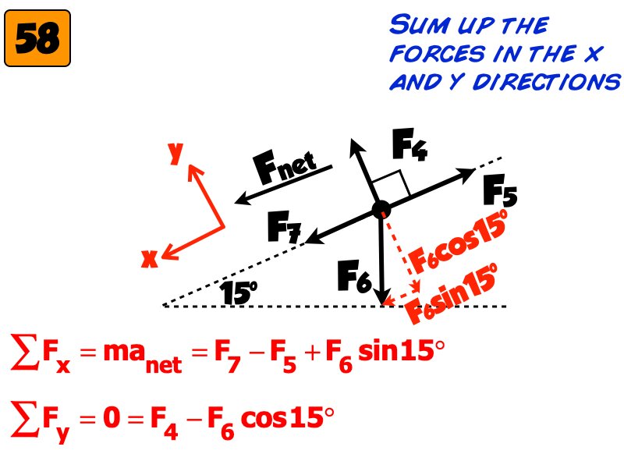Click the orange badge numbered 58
(37, 38)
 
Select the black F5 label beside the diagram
(500, 190)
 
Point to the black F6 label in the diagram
(354, 276)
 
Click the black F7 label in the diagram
(284, 227)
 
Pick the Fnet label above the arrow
(285, 166)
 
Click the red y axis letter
(175, 151)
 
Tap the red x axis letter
(150, 259)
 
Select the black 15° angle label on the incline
(238, 292)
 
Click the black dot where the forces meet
(381, 209)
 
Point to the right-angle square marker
(391, 184)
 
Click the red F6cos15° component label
(459, 242)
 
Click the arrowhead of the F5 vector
(466, 173)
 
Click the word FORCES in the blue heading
(438, 54)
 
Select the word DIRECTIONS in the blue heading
(547, 82)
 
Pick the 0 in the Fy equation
(112, 417)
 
